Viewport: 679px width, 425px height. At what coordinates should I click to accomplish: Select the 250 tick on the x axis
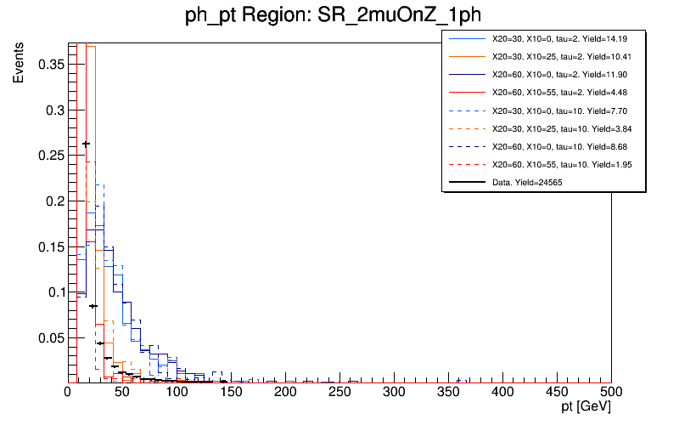(x=339, y=382)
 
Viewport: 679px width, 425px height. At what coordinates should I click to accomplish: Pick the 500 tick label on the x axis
(x=611, y=392)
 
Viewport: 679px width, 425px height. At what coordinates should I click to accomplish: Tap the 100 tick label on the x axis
(x=177, y=392)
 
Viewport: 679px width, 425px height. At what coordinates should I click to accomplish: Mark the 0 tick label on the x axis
(x=68, y=392)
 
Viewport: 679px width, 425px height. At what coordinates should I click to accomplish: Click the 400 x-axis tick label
(x=502, y=392)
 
